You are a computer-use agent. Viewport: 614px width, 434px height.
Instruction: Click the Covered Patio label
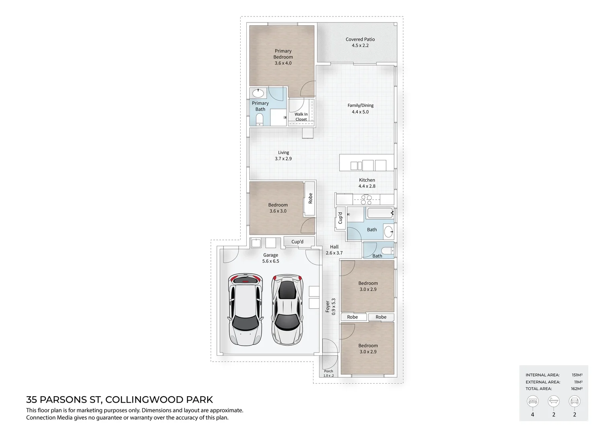[360, 39]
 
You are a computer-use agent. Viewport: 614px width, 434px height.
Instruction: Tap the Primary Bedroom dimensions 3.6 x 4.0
[283, 63]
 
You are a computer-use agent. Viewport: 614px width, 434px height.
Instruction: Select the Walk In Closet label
[301, 117]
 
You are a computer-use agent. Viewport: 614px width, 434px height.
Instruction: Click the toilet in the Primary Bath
[260, 119]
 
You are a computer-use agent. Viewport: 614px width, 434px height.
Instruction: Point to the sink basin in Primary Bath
[258, 94]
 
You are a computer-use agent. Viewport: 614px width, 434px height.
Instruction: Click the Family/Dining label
[360, 106]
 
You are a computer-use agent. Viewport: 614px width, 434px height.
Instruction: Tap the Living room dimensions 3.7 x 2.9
[283, 159]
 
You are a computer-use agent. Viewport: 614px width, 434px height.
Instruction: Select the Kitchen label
[367, 180]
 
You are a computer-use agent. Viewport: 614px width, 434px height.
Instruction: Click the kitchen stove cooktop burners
[366, 200]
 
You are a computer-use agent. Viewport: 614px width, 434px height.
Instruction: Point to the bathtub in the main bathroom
[379, 213]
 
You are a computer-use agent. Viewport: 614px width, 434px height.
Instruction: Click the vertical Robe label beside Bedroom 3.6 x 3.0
[310, 198]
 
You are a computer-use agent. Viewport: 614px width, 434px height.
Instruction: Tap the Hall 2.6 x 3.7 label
[334, 250]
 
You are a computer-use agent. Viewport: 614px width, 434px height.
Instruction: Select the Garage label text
[270, 255]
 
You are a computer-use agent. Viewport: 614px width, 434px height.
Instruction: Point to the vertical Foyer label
[327, 307]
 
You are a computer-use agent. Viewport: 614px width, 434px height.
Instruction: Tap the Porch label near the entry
[329, 371]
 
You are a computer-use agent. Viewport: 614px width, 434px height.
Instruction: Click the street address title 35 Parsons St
[119, 399]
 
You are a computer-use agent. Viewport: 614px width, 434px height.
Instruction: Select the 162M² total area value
[577, 389]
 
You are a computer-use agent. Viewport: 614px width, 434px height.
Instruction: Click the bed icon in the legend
[532, 401]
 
